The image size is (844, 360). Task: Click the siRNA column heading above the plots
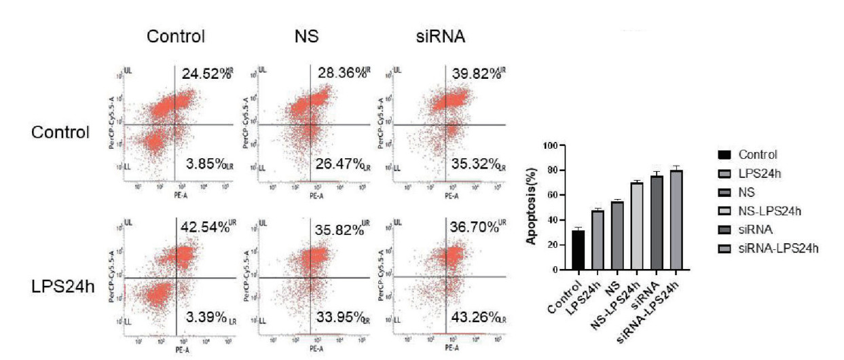pos(440,37)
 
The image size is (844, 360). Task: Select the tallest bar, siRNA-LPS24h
pos(676,219)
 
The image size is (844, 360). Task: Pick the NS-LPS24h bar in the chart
pos(637,226)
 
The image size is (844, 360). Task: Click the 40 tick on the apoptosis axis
pos(559,220)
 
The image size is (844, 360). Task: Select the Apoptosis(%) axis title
pos(534,207)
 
